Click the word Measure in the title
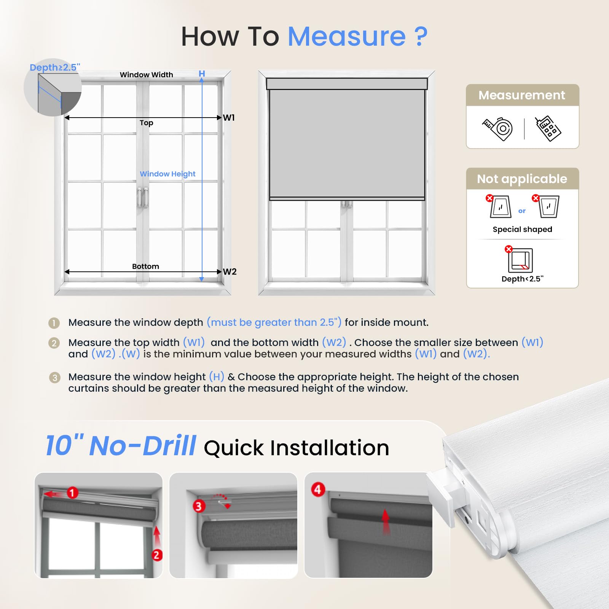coord(347,37)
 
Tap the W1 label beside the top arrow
coord(229,118)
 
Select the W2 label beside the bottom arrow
coord(230,272)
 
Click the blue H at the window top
coord(202,73)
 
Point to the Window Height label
coord(167,174)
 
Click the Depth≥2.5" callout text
coord(55,67)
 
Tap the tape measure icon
coord(498,129)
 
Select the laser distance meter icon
coord(548,129)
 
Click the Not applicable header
coord(522,179)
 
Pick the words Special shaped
coord(522,230)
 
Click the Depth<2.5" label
coord(522,279)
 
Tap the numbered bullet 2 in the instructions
coord(54,343)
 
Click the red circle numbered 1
coord(72,493)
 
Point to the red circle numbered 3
coord(198,506)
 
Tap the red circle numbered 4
coord(318,489)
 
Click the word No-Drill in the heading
coord(143,446)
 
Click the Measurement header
coord(522,95)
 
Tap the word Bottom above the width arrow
coord(145,266)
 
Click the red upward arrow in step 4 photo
coord(386,522)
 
